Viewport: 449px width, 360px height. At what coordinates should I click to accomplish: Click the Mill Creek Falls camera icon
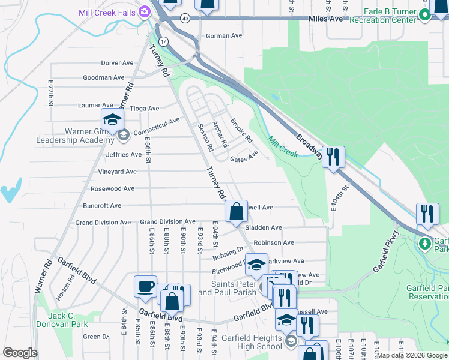coord(144,11)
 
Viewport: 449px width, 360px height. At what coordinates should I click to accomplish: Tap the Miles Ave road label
coord(325,19)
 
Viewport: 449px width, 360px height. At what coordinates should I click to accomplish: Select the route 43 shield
coord(185,19)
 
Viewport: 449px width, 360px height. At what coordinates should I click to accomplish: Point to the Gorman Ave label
coord(223,36)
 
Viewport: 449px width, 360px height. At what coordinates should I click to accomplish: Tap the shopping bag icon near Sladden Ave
coord(237,211)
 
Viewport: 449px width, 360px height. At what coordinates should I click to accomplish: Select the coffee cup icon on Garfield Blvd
coord(145,287)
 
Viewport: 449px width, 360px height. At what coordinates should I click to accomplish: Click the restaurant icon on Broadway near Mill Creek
coord(333,157)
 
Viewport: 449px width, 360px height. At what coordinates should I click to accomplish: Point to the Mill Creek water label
coord(283,146)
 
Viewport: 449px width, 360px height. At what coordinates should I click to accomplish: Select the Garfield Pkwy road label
coord(385,251)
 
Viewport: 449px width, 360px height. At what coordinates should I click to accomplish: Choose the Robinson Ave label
coord(273,242)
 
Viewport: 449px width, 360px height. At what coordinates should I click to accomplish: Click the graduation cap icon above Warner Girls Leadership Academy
coord(112,120)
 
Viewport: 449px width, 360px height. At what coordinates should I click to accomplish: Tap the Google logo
coord(20,352)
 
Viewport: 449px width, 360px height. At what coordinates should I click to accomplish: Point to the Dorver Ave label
coord(117,62)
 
